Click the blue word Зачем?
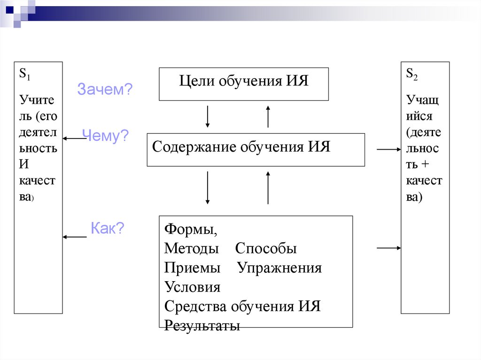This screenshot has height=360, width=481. click(x=105, y=89)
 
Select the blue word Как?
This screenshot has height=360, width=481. click(x=107, y=228)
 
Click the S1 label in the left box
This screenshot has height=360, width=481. click(x=24, y=74)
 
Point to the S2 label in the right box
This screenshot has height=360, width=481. click(x=412, y=74)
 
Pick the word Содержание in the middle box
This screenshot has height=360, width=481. click(x=194, y=147)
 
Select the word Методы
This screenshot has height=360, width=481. click(x=191, y=249)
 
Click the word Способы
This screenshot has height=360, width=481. click(x=266, y=249)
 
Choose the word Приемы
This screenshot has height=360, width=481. click(x=192, y=268)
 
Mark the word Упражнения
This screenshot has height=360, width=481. click(x=279, y=268)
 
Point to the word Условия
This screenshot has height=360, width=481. click(x=192, y=287)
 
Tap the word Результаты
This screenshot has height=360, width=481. click(x=202, y=326)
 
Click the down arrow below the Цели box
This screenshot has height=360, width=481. click(x=207, y=116)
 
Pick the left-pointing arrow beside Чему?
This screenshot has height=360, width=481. click(x=75, y=138)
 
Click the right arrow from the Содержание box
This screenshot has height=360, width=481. click(x=388, y=149)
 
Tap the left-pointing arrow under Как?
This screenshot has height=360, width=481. click(x=75, y=237)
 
